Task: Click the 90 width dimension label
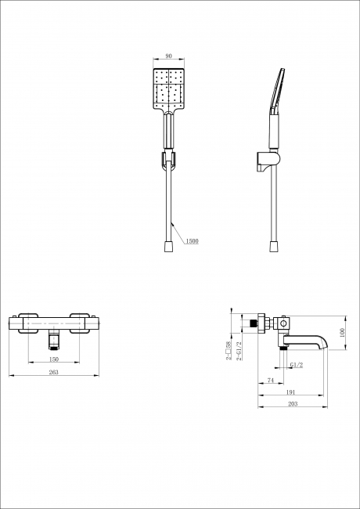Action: coord(168,56)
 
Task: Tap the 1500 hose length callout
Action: coord(192,241)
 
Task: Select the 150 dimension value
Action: coord(54,359)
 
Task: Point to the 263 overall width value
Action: coord(53,372)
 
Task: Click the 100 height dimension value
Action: coord(342,333)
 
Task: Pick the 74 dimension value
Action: coord(271,380)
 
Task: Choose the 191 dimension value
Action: coord(291,392)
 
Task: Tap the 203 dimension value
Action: coord(293,404)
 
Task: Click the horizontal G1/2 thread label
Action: coord(297,365)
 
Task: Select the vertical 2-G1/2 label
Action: coord(239,351)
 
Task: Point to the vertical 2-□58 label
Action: coord(229,351)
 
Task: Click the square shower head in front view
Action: coord(168,89)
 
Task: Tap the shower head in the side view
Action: coord(277,91)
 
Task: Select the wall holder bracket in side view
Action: coord(268,161)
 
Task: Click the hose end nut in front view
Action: coord(168,247)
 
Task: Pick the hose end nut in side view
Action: coord(274,247)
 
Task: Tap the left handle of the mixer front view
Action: coord(28,323)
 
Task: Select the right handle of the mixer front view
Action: coord(80,323)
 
